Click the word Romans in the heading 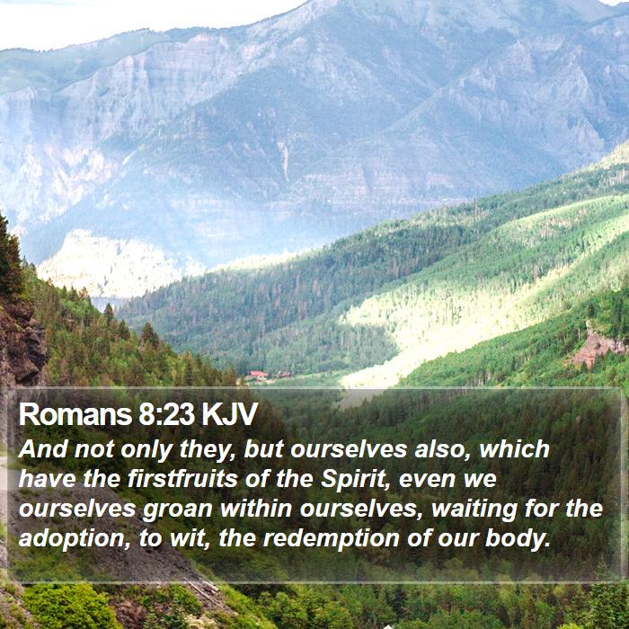75,414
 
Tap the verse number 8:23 166,414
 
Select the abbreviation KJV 229,414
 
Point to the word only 146,450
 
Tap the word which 514,449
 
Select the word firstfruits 182,479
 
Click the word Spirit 356,480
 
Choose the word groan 177,509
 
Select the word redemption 331,539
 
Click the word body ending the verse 517,539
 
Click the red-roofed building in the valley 258,376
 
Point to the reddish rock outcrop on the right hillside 597,346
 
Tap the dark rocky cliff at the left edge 22,341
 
